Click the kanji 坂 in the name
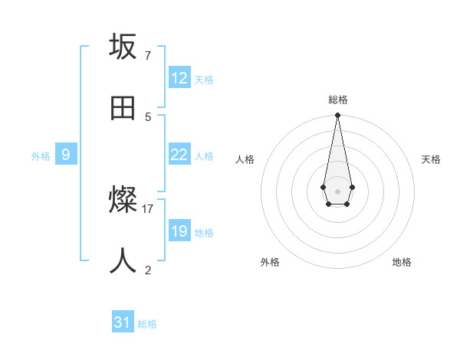[123, 47]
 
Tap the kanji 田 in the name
[123, 108]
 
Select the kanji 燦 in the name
[123, 201]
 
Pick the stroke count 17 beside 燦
[148, 208]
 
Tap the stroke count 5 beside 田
[148, 116]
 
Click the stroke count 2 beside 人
[148, 270]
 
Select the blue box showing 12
[179, 78]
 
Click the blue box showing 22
[179, 155]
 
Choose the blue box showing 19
[179, 231]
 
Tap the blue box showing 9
[66, 155]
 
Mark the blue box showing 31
[123, 322]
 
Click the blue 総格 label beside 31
[147, 324]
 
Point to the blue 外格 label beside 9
[41, 156]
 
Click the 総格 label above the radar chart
[337, 100]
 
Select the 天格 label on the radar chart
[431, 159]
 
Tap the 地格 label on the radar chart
[402, 262]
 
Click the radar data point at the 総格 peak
[337, 116]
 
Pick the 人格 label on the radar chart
[245, 159]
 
